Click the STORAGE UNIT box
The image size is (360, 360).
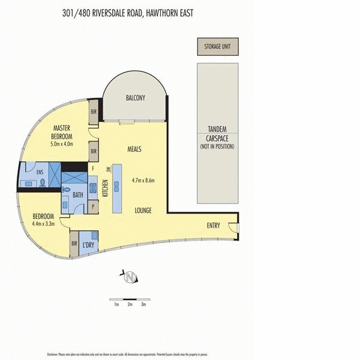click(217, 46)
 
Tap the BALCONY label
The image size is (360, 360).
click(135, 98)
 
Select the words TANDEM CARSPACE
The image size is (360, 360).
click(217, 133)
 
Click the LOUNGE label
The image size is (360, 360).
click(142, 211)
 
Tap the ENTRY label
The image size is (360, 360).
click(213, 226)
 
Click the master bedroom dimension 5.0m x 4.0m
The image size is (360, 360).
click(62, 144)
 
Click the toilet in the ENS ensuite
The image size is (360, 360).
click(43, 182)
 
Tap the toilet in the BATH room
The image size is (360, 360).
click(67, 188)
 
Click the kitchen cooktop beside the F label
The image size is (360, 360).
click(93, 188)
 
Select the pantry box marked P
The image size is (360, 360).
click(93, 206)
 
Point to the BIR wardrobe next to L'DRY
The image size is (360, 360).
click(74, 244)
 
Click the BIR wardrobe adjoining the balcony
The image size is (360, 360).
click(94, 112)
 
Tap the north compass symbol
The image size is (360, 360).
click(130, 277)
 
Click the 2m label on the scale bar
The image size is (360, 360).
click(130, 304)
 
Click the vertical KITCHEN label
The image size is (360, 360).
click(104, 189)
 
